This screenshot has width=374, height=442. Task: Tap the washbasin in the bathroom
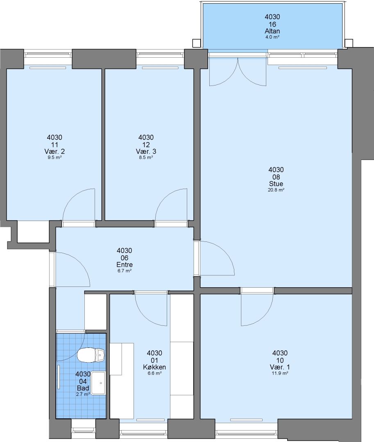(x=97, y=383)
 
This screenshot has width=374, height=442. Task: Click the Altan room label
(x=272, y=31)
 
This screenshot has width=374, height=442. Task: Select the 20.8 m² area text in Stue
(x=276, y=190)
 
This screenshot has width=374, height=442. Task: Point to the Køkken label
(x=154, y=367)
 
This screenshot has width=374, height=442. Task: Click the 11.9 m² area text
(x=280, y=373)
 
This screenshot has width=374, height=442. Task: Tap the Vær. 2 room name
(x=54, y=151)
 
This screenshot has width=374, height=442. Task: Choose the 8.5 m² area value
(x=146, y=158)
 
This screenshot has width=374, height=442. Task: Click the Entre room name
(x=125, y=264)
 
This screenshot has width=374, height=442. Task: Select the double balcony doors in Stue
(x=238, y=72)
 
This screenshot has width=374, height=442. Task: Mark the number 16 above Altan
(x=272, y=24)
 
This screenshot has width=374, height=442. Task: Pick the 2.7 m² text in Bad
(x=83, y=395)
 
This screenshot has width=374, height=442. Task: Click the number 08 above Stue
(x=276, y=177)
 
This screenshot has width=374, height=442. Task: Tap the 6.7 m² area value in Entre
(x=125, y=271)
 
